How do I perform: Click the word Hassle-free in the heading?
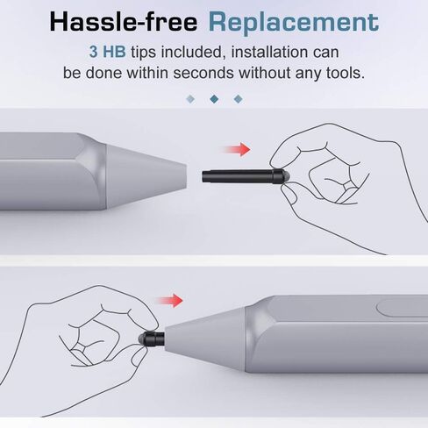coord(124,22)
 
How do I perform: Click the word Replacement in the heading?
coord(294,23)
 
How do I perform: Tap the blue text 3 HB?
coord(107,52)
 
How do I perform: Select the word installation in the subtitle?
coord(270,52)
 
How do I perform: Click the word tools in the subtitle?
coord(346,73)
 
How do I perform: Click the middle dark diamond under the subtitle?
coord(214,99)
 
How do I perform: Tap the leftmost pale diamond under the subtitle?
coord(190,99)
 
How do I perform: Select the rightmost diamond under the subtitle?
coord(239,99)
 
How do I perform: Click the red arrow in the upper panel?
coord(236,149)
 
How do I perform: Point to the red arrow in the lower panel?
coord(168,301)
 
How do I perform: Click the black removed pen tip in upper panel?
coord(246,176)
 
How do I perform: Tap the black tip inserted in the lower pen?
coord(152,339)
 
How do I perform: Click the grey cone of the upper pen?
coord(146,176)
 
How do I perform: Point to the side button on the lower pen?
coord(402,308)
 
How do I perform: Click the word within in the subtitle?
coord(147,73)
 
